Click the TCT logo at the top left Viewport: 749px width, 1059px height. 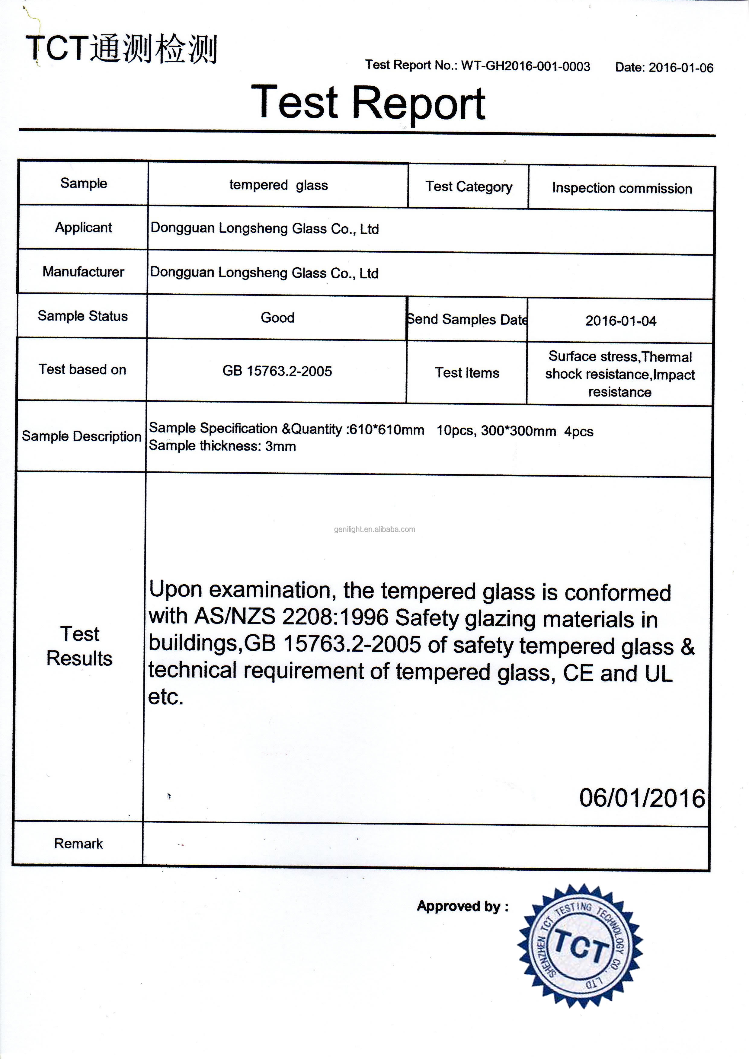[121, 49]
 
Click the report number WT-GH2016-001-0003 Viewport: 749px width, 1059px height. [525, 66]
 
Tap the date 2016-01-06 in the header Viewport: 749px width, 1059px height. [681, 68]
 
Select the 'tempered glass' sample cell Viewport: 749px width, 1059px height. [278, 185]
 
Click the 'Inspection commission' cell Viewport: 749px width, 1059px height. [622, 188]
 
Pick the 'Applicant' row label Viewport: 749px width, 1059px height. [84, 227]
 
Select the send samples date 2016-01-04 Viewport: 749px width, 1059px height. [620, 321]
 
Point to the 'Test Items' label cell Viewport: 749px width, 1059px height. [467, 373]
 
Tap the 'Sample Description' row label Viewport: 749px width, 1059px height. [82, 436]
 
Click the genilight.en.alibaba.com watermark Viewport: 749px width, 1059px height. [374, 529]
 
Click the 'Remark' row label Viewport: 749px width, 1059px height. [78, 844]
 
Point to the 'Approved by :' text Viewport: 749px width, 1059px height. [463, 906]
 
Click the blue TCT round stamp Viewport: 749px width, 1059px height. [581, 946]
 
